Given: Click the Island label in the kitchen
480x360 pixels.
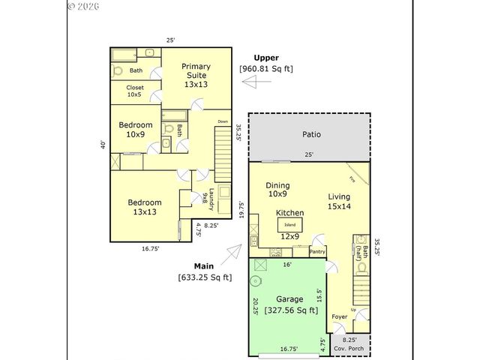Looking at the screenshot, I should point(289,224).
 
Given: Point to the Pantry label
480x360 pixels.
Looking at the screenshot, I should point(317,252).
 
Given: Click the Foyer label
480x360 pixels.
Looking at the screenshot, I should point(340,317).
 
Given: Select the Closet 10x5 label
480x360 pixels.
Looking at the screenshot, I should point(136,91).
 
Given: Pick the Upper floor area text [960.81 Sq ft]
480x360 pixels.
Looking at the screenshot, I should point(266,69).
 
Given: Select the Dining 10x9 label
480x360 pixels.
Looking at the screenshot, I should point(278,190).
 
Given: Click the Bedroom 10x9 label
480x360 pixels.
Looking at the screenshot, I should point(136,130).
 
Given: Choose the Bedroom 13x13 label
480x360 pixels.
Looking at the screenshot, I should point(144,207).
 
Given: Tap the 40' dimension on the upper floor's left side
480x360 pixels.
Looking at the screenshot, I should point(103,145).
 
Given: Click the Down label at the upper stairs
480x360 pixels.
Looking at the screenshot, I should point(223,121).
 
